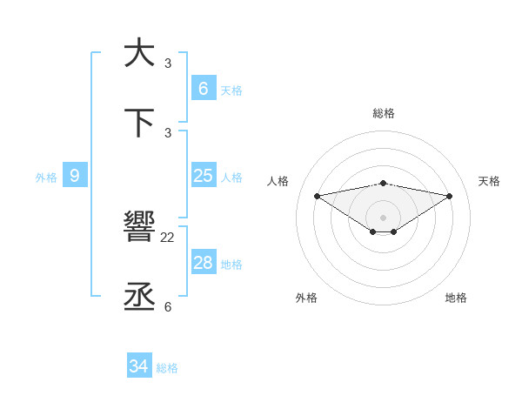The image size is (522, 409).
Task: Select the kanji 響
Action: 139,228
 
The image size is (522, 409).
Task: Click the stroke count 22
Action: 168,237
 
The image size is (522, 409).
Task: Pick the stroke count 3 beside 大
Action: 168,63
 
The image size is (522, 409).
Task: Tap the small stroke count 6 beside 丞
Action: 168,306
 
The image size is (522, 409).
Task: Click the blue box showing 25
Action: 203,176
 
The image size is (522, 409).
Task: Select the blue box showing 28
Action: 203,263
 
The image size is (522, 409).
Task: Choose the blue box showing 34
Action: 138,366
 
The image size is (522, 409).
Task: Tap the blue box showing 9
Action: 75,176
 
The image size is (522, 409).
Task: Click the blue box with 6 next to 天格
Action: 203,88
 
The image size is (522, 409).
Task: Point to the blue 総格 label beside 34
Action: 167,368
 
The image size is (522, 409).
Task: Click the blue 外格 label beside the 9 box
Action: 46,178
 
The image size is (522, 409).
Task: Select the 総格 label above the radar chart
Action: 384,113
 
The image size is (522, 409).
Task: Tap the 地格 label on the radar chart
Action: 456,298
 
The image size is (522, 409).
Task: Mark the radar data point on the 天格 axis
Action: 450,196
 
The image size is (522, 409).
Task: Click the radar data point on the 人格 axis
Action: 317,196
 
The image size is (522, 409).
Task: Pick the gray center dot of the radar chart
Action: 384,218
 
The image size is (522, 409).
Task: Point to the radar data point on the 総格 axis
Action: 384,183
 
